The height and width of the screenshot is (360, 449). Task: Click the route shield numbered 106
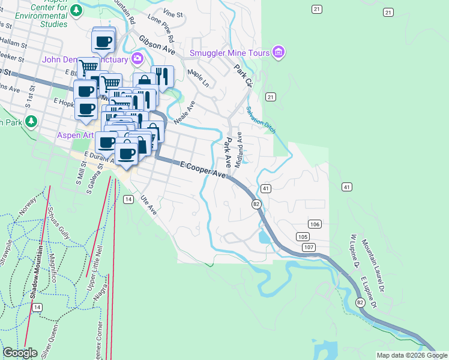(x=316, y=224)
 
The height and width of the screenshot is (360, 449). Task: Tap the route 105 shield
(x=303, y=237)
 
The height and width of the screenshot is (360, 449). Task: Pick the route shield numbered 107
(x=309, y=247)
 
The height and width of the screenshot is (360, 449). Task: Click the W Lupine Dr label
(x=351, y=252)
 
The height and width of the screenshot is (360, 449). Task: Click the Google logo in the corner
(x=20, y=353)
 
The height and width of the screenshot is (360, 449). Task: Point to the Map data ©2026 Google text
(x=412, y=355)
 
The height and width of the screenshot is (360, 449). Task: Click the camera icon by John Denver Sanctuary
(x=138, y=59)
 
